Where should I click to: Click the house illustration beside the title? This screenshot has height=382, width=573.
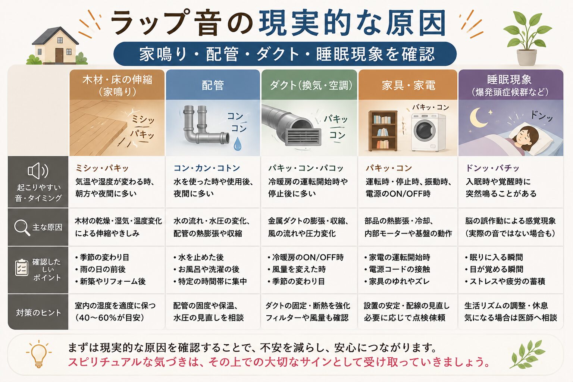click(x=57, y=46)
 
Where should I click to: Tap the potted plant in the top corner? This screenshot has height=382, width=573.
click(x=527, y=38)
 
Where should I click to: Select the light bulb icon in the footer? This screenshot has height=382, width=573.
click(x=39, y=354)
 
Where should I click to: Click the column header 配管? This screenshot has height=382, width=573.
click(x=213, y=85)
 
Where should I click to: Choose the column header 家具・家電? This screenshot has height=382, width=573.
click(x=408, y=85)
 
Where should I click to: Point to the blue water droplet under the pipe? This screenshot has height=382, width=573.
click(x=238, y=144)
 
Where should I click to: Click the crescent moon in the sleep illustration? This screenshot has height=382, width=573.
click(x=477, y=118)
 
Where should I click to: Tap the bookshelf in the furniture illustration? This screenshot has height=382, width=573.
click(x=383, y=131)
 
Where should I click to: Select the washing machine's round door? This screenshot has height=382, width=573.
click(x=425, y=130)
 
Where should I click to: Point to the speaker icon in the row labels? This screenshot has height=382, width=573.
click(x=38, y=170)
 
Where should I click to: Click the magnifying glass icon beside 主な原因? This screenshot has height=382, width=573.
click(x=22, y=228)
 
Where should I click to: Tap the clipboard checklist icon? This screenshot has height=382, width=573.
click(x=22, y=267)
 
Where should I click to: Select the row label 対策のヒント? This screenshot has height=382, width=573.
click(x=39, y=312)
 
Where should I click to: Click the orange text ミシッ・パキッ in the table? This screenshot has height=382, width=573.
click(x=102, y=168)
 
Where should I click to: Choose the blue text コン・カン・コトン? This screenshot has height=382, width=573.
click(x=207, y=168)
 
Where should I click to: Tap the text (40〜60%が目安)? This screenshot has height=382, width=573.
click(x=110, y=317)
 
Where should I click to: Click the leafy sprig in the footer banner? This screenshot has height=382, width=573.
click(x=527, y=354)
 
